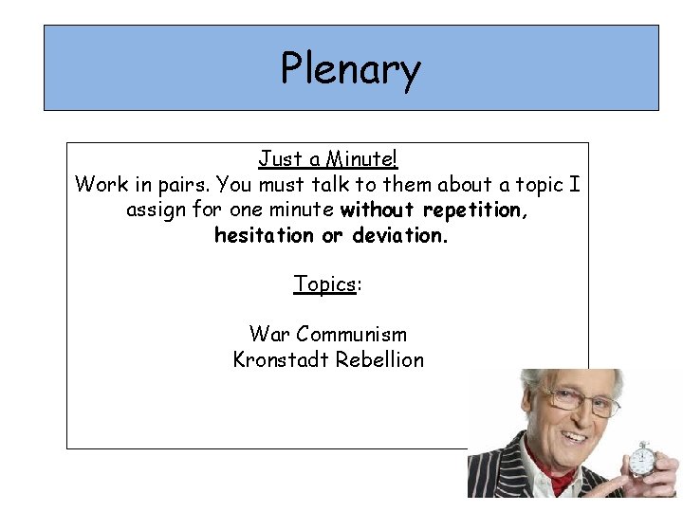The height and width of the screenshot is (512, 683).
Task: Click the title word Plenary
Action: (350, 70)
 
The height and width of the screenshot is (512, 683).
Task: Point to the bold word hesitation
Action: (264, 234)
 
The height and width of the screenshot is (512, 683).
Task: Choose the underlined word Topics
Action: (323, 283)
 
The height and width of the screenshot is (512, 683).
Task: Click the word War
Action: (269, 334)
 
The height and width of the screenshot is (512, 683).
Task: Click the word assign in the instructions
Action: (157, 209)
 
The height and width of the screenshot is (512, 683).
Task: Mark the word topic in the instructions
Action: (544, 184)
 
